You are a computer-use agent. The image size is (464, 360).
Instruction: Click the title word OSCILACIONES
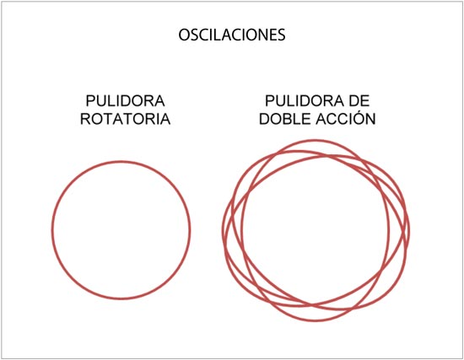(232, 35)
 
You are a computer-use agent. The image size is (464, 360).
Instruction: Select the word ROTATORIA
(125, 119)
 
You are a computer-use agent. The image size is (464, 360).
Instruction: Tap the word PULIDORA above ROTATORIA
(125, 101)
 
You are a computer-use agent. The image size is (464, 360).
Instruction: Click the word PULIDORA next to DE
(305, 101)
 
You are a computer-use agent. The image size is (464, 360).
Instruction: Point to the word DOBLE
(285, 119)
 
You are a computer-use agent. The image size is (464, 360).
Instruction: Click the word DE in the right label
(359, 101)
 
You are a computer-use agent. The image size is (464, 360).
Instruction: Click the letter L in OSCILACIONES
(219, 35)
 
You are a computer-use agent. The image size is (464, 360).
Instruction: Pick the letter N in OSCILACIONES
(259, 35)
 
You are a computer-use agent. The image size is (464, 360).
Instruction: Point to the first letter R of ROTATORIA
(85, 119)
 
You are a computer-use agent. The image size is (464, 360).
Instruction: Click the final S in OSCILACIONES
(281, 35)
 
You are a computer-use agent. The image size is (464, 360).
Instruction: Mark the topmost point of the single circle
(121, 162)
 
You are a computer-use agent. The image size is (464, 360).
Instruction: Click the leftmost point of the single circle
(53, 230)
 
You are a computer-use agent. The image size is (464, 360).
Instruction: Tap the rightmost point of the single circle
(190, 230)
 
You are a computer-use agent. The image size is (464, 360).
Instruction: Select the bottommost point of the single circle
(121, 298)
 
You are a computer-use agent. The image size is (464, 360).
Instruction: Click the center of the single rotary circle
(121, 230)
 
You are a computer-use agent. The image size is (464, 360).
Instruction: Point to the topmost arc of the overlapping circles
(315, 141)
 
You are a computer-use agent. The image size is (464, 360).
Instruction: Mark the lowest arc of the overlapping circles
(316, 320)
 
